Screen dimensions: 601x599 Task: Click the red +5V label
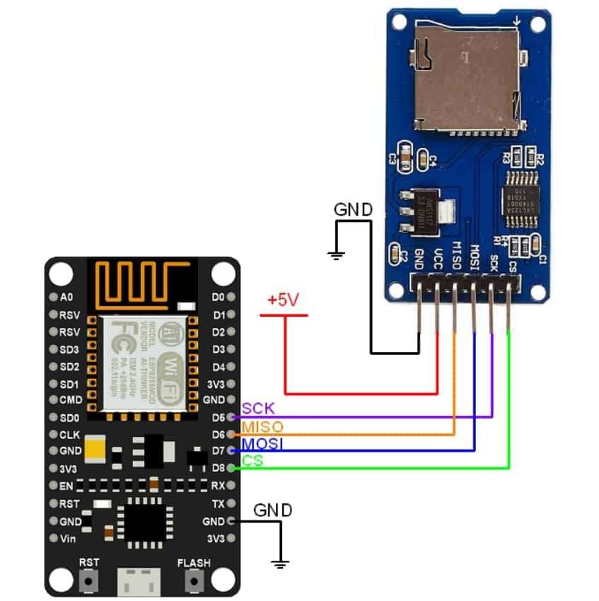coord(283,300)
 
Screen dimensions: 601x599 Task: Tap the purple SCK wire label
coord(258,409)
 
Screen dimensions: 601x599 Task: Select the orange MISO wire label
coord(262,427)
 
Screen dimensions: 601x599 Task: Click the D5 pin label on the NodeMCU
coord(219,417)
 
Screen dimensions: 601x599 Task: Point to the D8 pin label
coord(219,468)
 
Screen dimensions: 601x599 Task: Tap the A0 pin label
coord(67,297)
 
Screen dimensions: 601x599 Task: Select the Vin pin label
coord(69,539)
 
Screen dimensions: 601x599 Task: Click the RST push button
coord(89,581)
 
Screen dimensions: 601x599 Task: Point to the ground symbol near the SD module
coord(337,255)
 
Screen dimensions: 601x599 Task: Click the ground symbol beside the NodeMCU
coord(281,564)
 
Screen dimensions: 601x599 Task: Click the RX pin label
coord(218,486)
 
